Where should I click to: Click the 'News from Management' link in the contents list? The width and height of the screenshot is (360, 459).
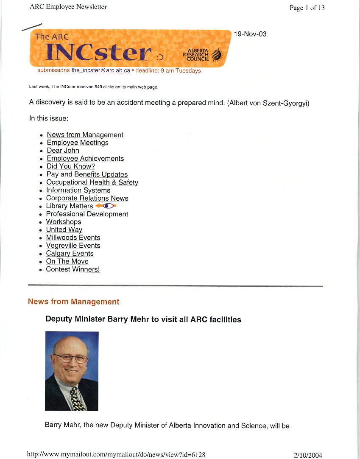click(x=85, y=135)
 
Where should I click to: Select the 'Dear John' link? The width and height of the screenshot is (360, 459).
click(x=63, y=151)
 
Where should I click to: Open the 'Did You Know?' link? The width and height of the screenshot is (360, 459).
click(x=70, y=166)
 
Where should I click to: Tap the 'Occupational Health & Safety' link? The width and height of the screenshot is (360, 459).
click(x=92, y=182)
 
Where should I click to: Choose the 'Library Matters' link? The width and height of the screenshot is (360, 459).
click(x=69, y=206)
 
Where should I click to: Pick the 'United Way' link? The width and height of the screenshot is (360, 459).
click(x=64, y=229)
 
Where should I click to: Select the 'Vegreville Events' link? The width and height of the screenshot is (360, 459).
click(x=73, y=246)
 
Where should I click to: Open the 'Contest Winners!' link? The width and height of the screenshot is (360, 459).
click(x=73, y=269)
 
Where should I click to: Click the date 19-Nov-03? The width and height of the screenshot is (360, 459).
click(x=250, y=34)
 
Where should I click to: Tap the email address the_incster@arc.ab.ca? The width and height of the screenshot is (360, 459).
click(x=100, y=71)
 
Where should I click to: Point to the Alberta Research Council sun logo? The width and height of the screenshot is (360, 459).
click(x=216, y=54)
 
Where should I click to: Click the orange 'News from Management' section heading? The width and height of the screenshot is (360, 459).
click(x=73, y=302)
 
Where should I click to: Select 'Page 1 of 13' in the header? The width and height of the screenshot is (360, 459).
click(x=307, y=8)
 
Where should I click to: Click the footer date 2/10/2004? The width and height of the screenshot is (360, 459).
click(x=308, y=455)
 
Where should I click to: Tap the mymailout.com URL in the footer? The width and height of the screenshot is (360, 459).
click(x=116, y=455)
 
